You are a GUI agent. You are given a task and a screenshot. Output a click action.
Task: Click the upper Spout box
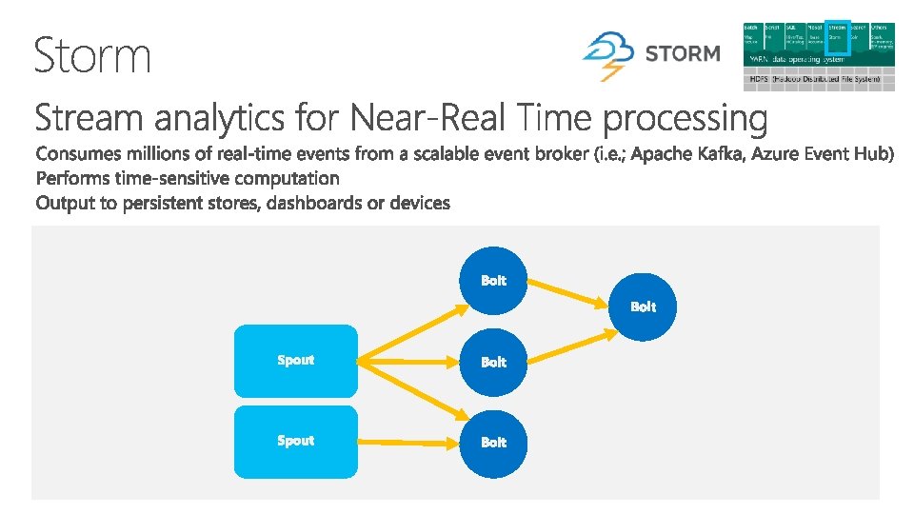tap(296, 360)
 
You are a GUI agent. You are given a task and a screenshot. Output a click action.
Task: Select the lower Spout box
tap(296, 441)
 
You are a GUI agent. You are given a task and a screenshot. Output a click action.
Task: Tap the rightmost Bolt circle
tap(643, 306)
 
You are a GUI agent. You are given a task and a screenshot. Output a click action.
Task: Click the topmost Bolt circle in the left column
tap(493, 280)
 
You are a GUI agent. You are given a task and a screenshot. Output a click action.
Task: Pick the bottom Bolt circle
tap(493, 442)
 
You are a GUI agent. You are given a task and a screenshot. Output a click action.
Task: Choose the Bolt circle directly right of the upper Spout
tap(493, 362)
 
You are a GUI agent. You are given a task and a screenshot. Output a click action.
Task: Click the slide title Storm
tap(92, 55)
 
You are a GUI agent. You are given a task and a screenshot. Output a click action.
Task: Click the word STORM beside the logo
tap(682, 54)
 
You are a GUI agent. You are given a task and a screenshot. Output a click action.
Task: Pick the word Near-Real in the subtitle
tap(431, 119)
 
